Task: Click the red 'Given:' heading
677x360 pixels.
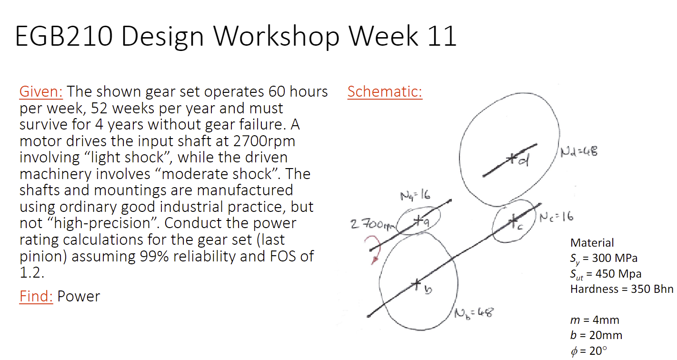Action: [42, 91]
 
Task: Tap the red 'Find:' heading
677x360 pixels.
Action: [36, 296]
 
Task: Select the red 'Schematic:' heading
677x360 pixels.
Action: [385, 91]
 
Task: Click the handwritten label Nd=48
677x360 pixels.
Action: [578, 152]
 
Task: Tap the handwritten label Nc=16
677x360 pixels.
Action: [557, 217]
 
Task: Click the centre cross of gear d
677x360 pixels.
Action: [512, 157]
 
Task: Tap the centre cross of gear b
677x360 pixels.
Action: [417, 285]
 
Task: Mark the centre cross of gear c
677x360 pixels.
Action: [513, 220]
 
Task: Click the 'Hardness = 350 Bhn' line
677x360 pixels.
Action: [622, 289]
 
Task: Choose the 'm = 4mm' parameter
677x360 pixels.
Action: [595, 320]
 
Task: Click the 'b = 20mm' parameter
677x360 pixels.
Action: [596, 335]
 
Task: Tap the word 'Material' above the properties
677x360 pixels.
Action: [592, 243]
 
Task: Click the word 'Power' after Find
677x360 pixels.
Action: [79, 296]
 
